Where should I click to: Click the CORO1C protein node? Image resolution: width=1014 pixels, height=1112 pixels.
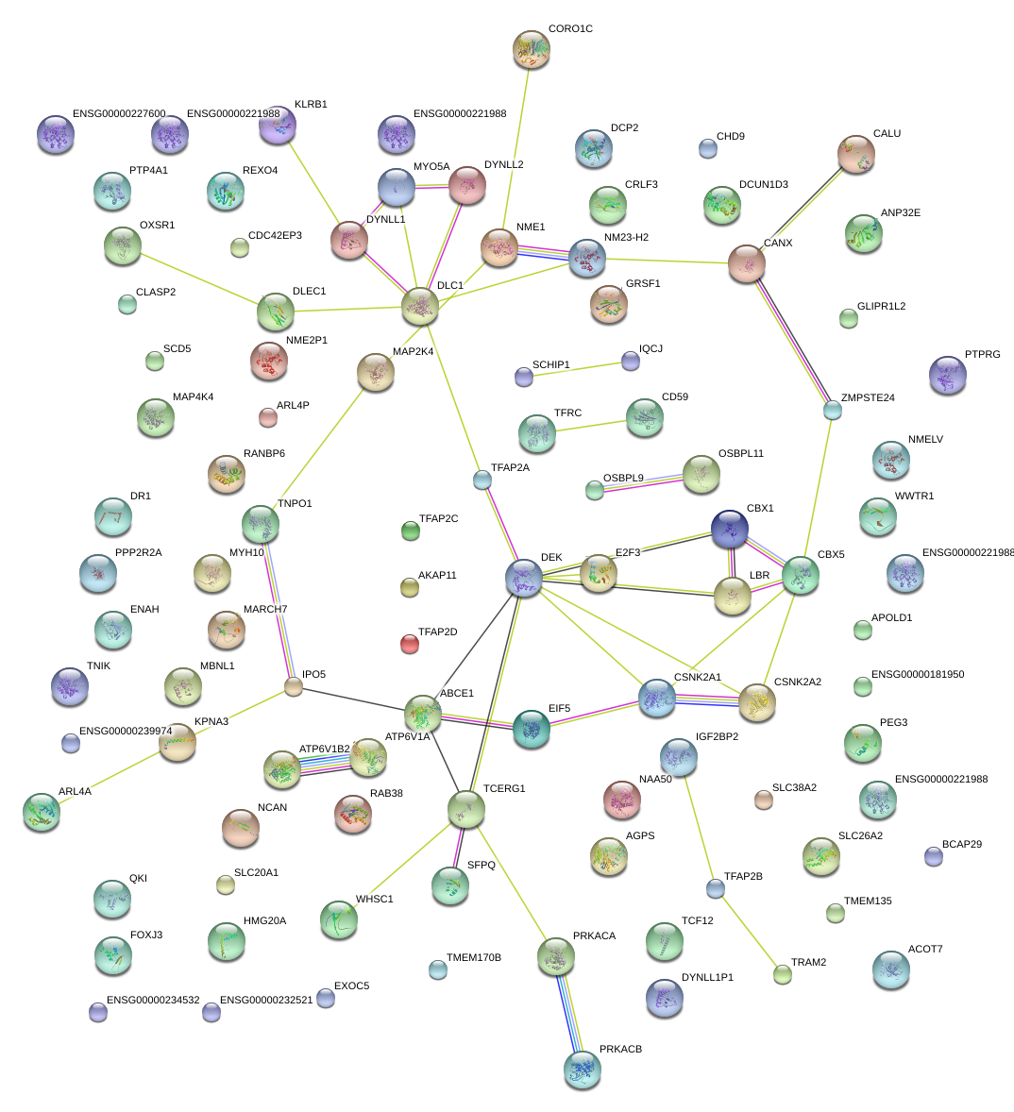532,49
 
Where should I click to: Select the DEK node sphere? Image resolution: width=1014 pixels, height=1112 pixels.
524,578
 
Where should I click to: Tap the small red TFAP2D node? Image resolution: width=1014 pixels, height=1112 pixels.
410,644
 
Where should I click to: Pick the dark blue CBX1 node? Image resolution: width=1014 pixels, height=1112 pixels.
730,529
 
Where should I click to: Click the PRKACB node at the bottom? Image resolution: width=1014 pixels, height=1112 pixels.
583,1070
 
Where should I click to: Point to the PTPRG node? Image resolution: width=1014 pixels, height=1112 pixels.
948,375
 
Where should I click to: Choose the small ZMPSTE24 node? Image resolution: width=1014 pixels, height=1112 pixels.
833,410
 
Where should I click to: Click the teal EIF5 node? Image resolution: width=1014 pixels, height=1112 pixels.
532,729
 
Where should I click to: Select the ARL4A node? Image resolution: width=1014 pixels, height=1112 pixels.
42,812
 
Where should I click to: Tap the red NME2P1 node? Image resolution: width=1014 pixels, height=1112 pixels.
269,361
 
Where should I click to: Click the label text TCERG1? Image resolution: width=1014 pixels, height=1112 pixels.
504,788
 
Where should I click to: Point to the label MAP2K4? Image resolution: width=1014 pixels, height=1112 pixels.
413,352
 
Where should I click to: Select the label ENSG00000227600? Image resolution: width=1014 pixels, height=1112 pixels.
119,113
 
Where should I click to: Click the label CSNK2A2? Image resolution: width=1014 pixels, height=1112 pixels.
798,682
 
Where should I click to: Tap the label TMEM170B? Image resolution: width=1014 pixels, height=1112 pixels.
474,957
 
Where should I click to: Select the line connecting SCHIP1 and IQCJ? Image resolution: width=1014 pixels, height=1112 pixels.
577,369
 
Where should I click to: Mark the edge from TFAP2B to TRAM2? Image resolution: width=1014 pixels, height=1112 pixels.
749,932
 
